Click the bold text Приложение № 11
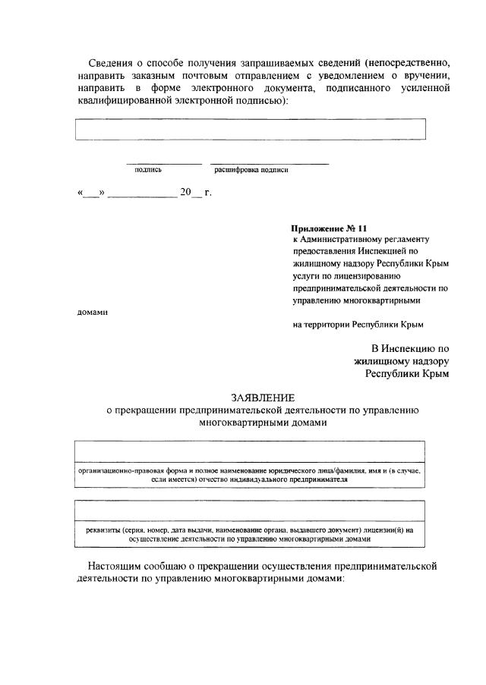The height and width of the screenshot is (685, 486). (x=329, y=228)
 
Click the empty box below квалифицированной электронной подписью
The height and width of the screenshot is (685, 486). (x=250, y=129)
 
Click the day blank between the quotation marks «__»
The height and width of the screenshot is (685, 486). (x=91, y=193)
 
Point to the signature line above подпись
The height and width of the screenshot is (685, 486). (x=164, y=163)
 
